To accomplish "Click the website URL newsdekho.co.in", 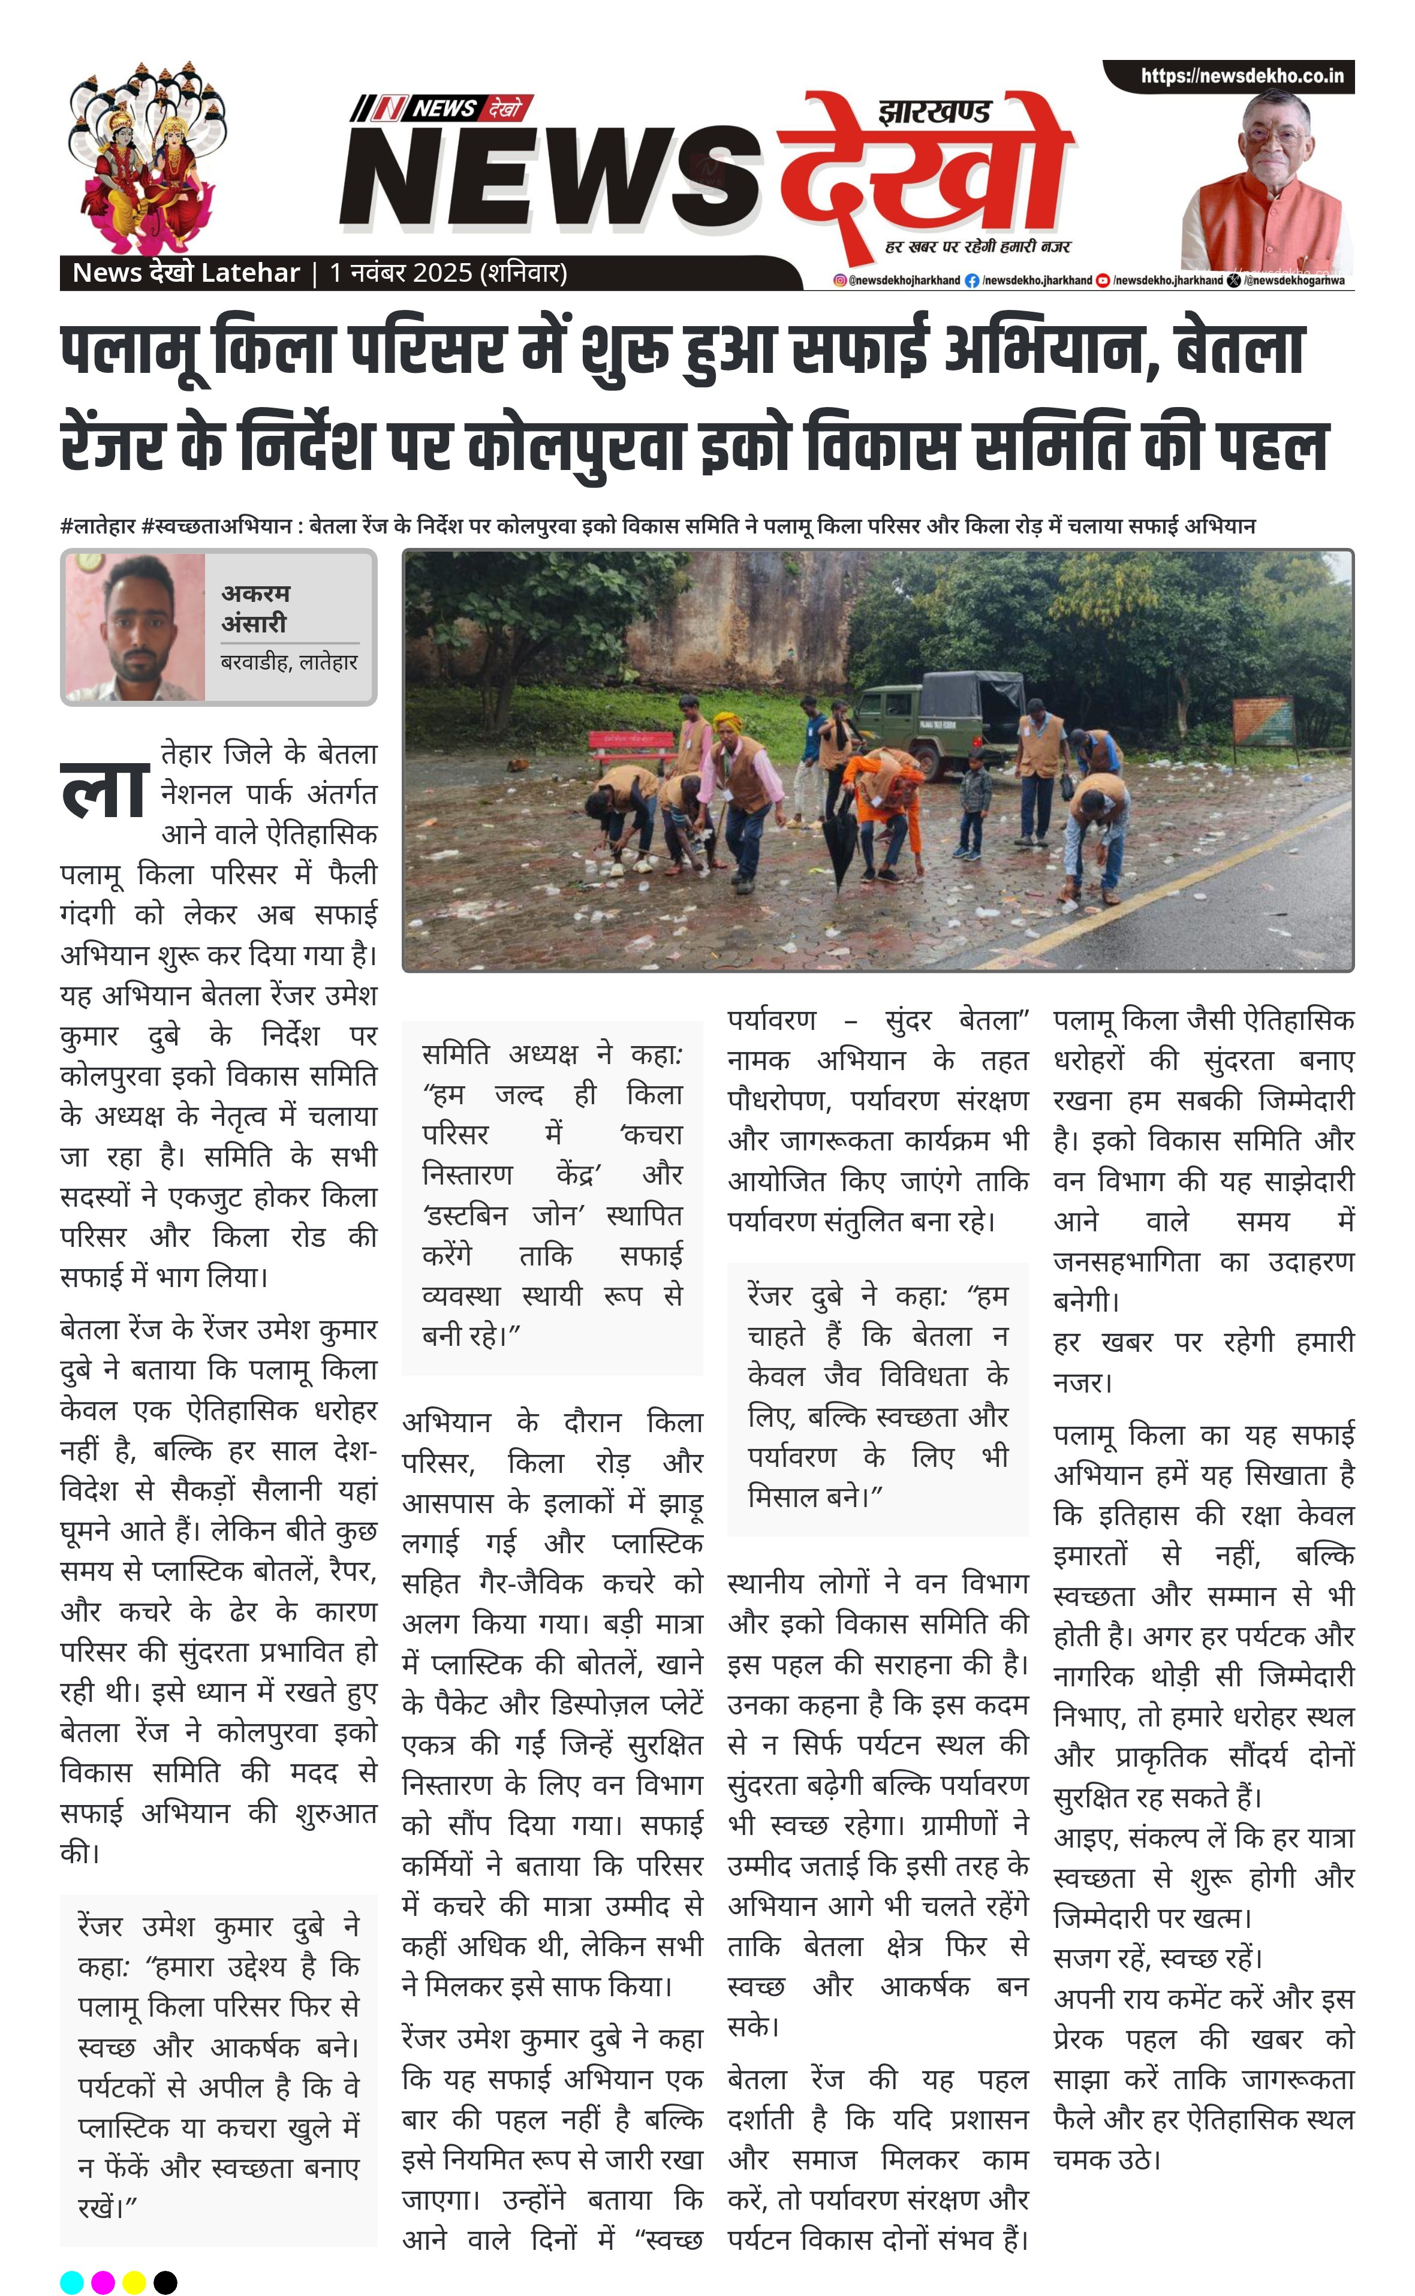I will [1241, 76].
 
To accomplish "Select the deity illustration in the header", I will [145, 157].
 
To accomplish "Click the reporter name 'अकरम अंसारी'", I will [255, 608].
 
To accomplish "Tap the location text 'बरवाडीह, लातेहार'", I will [289, 662].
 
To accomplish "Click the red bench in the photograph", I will [632, 748].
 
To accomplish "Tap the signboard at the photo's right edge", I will [1263, 719].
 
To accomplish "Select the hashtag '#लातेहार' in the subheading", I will [98, 526].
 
